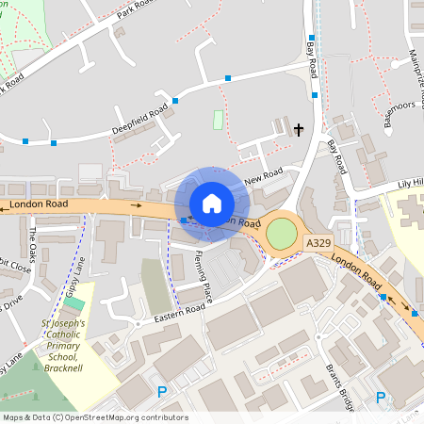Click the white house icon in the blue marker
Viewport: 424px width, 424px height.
pos(211,204)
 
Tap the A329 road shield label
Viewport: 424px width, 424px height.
pos(318,243)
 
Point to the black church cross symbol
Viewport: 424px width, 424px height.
pos(300,129)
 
